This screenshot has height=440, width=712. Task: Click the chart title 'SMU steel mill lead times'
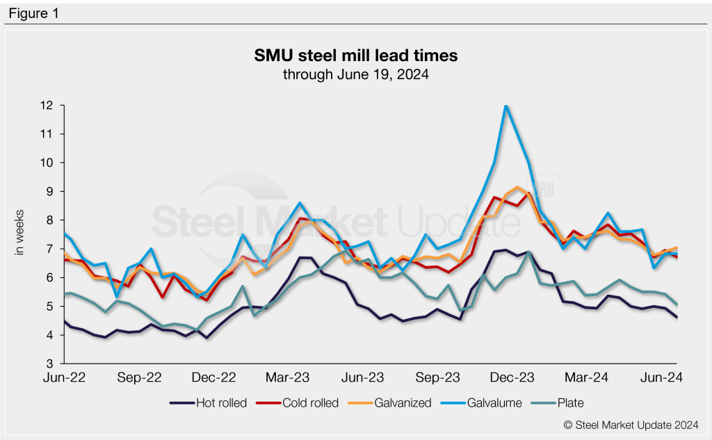[355, 55]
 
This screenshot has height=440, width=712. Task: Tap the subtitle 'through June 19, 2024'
[355, 74]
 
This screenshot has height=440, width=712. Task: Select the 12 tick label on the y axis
[47, 106]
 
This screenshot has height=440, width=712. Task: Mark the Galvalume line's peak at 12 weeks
[506, 106]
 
